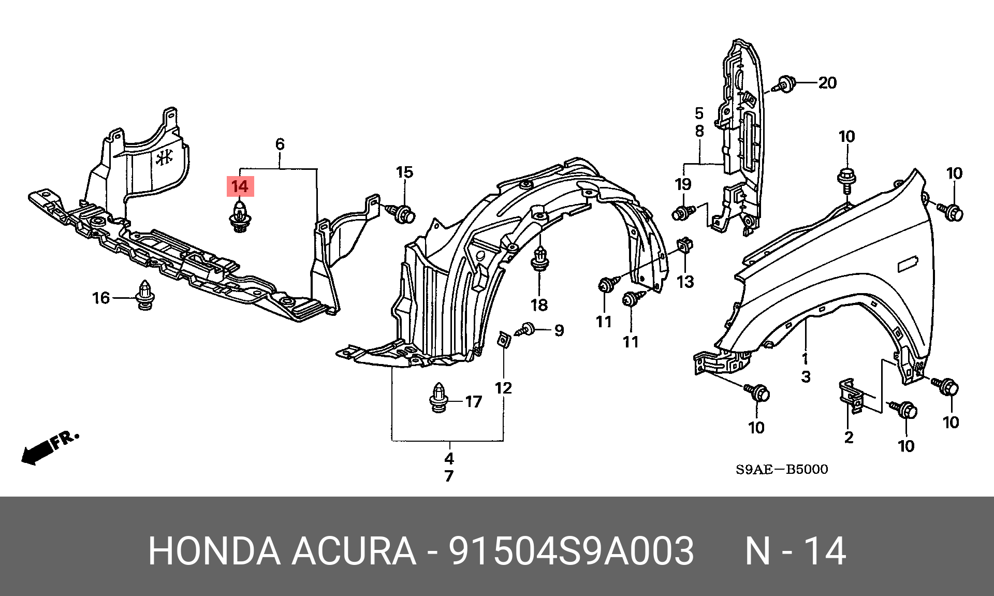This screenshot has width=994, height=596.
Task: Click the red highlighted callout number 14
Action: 240,186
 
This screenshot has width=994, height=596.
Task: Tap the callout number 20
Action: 827,83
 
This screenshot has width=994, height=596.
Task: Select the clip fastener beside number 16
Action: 145,295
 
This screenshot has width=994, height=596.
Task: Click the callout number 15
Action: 405,172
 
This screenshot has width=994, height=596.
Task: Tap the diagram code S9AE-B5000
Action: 782,470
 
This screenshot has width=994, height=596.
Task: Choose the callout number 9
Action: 559,330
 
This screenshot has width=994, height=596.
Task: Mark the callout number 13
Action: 685,282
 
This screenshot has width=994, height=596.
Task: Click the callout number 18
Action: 539,305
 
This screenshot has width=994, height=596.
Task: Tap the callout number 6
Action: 280,144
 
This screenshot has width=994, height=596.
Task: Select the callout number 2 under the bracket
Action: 849,438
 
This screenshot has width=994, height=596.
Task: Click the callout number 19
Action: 683,184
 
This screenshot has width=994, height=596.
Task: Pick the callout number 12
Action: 503,388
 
